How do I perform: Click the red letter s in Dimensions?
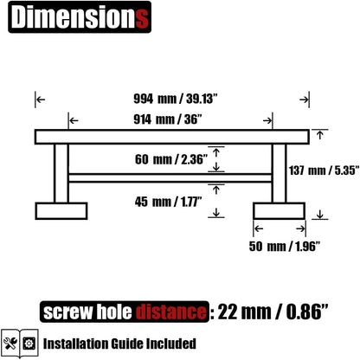[x=142, y=18]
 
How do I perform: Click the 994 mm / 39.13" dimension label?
[x=175, y=99]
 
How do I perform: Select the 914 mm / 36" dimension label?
[x=168, y=119]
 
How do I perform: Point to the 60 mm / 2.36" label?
[x=171, y=159]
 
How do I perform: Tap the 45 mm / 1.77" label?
[x=168, y=202]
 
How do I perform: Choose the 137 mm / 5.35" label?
[x=325, y=170]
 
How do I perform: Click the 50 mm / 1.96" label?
[x=285, y=246]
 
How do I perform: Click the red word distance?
[x=171, y=312]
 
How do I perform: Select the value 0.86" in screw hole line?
[x=307, y=312]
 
